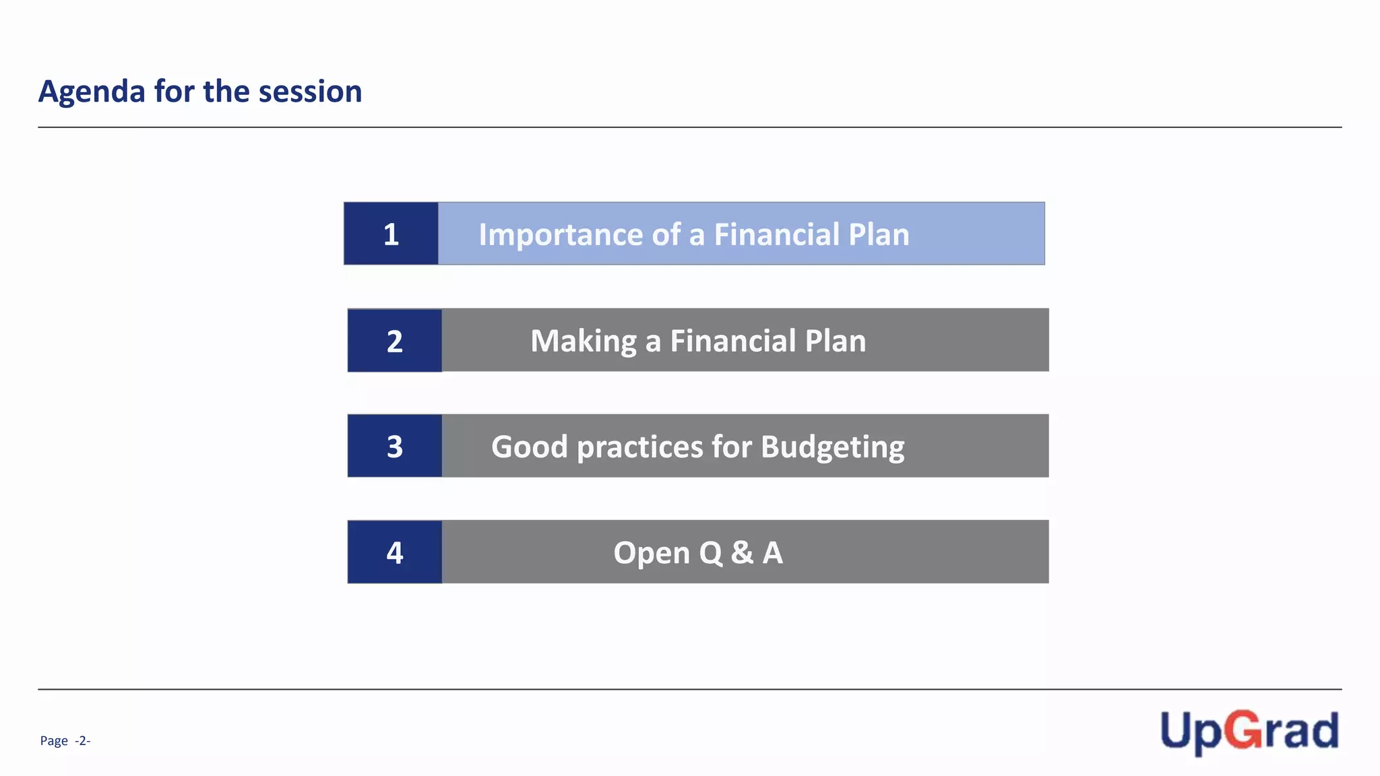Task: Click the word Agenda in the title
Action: (92, 92)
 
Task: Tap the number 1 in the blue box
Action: (391, 234)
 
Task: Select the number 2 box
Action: (395, 341)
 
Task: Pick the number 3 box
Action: (395, 447)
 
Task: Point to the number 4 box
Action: (395, 552)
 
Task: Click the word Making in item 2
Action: (583, 341)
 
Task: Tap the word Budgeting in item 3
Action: (832, 447)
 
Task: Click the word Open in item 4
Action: (651, 553)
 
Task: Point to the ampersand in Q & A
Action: (742, 552)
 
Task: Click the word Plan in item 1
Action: (879, 234)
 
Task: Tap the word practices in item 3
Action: (640, 447)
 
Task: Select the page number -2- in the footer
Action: (82, 741)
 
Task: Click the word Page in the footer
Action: (54, 741)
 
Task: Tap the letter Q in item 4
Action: (711, 553)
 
